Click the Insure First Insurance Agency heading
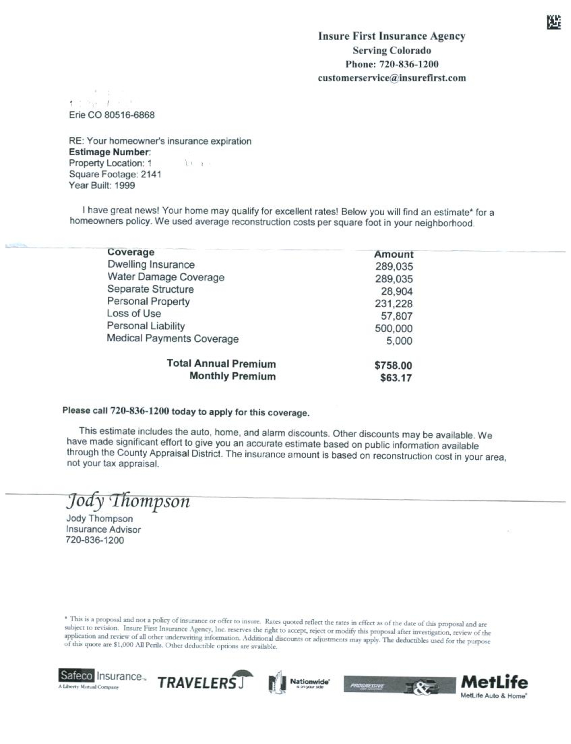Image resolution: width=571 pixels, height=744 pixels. point(391,36)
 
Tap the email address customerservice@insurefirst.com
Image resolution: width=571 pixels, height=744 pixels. point(391,78)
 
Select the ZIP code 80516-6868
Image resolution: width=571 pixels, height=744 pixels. point(129,115)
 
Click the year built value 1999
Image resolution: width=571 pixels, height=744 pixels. point(124,186)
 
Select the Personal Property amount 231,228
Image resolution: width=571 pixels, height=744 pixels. point(393,303)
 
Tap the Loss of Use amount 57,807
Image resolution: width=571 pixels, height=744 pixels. point(396,316)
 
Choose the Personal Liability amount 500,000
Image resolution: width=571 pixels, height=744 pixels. point(393,328)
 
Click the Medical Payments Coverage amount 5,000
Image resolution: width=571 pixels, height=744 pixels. point(399,341)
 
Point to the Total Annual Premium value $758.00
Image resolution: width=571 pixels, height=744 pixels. point(393,365)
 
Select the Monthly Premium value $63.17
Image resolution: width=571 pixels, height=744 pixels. point(396,378)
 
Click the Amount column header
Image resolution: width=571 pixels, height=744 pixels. point(393,254)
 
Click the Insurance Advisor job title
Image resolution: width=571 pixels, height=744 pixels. point(103,529)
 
